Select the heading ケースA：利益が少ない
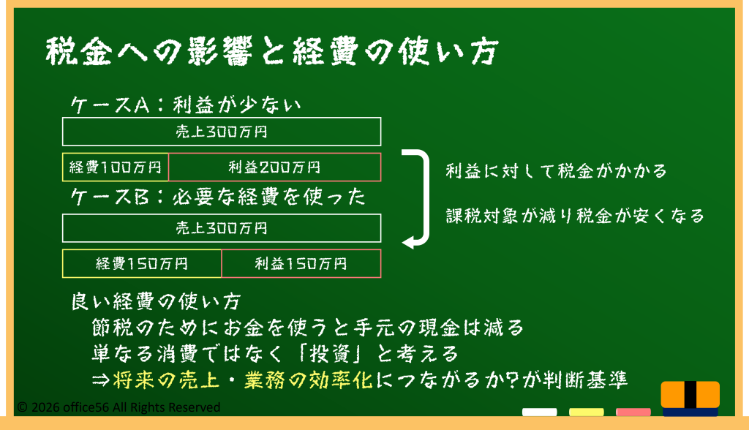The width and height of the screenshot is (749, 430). (x=186, y=105)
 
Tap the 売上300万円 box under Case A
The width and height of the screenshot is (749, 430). (x=222, y=132)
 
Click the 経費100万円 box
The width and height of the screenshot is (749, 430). (x=115, y=167)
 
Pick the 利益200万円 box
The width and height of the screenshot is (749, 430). (x=275, y=167)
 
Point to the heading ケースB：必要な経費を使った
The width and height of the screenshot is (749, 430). (x=218, y=197)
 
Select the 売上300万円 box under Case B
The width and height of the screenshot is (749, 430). (x=222, y=228)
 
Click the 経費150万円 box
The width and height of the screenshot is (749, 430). (x=142, y=263)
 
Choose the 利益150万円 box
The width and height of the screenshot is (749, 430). (x=301, y=263)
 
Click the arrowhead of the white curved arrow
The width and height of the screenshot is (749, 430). (x=407, y=242)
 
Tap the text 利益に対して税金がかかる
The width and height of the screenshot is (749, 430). (x=556, y=170)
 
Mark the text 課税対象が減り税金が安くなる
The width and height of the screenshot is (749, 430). (x=575, y=216)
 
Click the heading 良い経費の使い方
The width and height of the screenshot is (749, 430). (x=157, y=301)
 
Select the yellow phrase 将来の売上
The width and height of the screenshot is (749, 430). (x=166, y=380)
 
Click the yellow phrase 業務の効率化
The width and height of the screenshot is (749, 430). (x=309, y=380)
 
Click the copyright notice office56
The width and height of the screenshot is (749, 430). (x=118, y=407)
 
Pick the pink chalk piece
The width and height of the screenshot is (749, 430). (x=633, y=412)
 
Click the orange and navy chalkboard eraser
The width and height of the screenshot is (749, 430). (x=690, y=399)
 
